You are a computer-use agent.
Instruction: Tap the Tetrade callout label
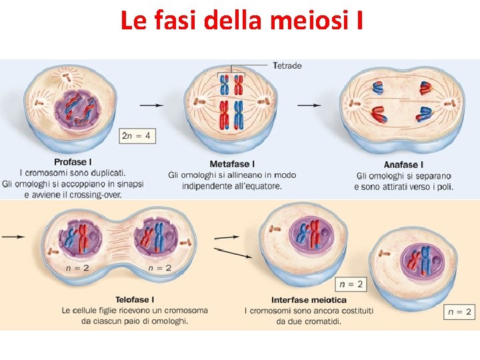[x=287, y=65]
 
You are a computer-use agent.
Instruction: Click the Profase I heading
[x=73, y=162]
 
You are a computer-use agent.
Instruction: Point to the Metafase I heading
[x=232, y=164]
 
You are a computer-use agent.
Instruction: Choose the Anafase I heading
[x=403, y=165]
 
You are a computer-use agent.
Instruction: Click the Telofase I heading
[x=134, y=300]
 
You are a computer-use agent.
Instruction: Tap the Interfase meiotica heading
[x=309, y=300]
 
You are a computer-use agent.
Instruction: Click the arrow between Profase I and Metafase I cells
[x=151, y=105]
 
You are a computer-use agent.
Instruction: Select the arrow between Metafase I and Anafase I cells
[x=308, y=105]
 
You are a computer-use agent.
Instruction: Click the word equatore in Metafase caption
[x=259, y=186]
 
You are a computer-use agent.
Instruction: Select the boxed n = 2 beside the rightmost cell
[x=459, y=311]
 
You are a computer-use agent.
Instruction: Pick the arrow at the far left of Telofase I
[x=13, y=236]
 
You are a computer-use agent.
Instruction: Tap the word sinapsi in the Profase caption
[x=129, y=184]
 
